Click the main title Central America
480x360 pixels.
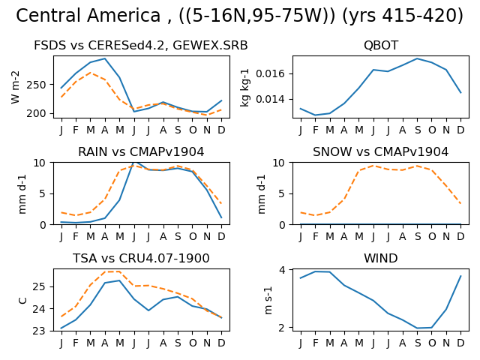88,15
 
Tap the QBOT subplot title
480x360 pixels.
381,45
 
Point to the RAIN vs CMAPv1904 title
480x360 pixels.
141,151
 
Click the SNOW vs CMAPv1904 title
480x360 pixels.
380,151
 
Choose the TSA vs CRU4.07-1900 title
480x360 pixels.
141,258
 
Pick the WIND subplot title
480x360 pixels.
381,258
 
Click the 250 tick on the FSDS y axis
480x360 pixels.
36,85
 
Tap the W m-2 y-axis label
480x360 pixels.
15,87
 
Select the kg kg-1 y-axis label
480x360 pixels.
245,88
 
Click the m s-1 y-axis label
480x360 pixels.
268,300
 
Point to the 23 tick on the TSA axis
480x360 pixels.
40,331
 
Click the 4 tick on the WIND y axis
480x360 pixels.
282,270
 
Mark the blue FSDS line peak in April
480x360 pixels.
105,58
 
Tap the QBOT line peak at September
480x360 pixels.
417,58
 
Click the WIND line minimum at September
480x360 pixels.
417,328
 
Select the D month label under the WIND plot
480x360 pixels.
460,343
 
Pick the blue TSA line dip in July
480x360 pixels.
148,310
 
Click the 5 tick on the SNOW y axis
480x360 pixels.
282,193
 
